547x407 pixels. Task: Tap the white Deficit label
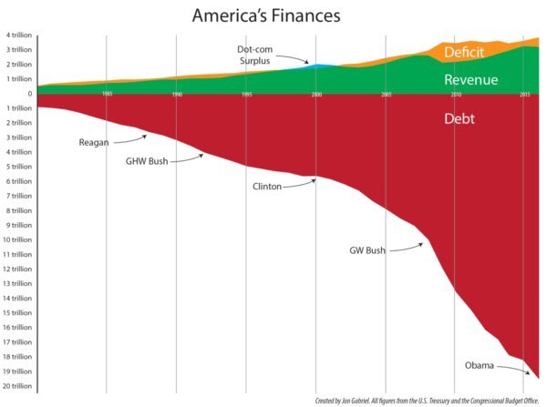[470, 53]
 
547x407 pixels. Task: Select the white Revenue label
[470, 80]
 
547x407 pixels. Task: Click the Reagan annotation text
[97, 143]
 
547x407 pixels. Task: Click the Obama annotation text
[479, 365]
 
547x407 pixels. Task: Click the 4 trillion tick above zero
[17, 36]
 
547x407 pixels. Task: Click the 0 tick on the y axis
[29, 94]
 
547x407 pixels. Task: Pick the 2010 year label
[456, 95]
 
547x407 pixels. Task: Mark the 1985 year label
[108, 95]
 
